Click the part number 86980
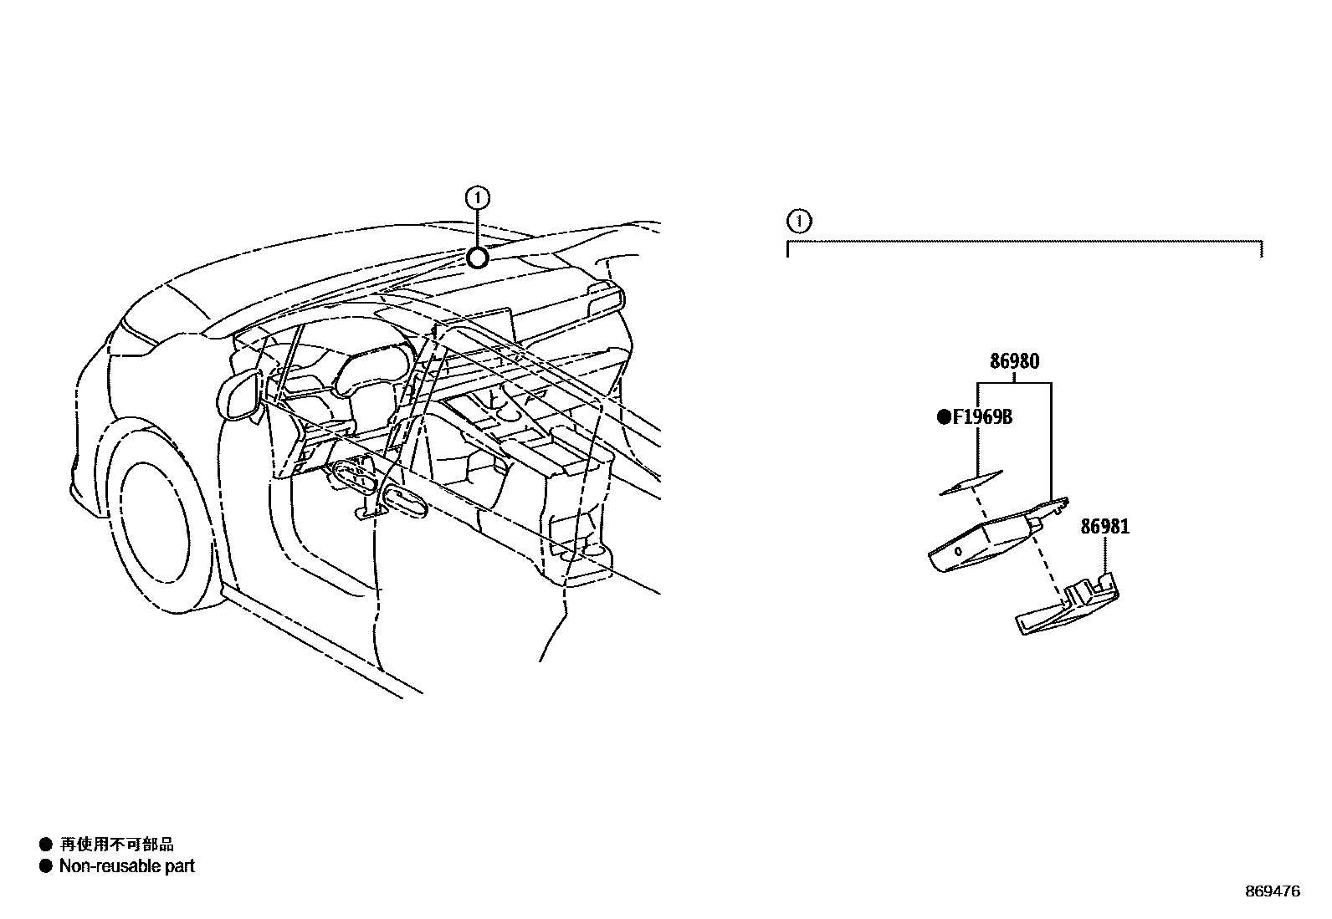click(1014, 362)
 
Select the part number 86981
click(1104, 527)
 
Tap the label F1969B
click(981, 416)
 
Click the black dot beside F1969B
click(943, 416)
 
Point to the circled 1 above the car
click(477, 198)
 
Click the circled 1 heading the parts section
click(800, 222)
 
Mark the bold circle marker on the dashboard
click(477, 258)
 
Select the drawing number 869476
click(1272, 891)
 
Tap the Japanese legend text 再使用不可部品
click(116, 845)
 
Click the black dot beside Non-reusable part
click(46, 866)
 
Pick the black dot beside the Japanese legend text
click(46, 845)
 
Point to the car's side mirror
click(239, 396)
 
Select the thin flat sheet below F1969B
click(971, 482)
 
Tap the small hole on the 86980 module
click(957, 551)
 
